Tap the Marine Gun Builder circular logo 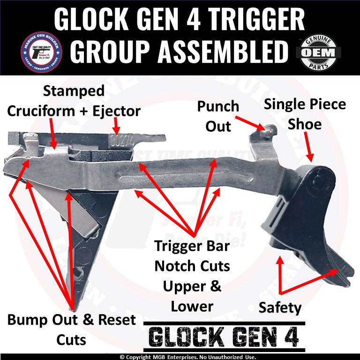(41, 52)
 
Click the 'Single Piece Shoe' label (305, 114)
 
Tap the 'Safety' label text (280, 307)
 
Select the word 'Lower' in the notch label (192, 307)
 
